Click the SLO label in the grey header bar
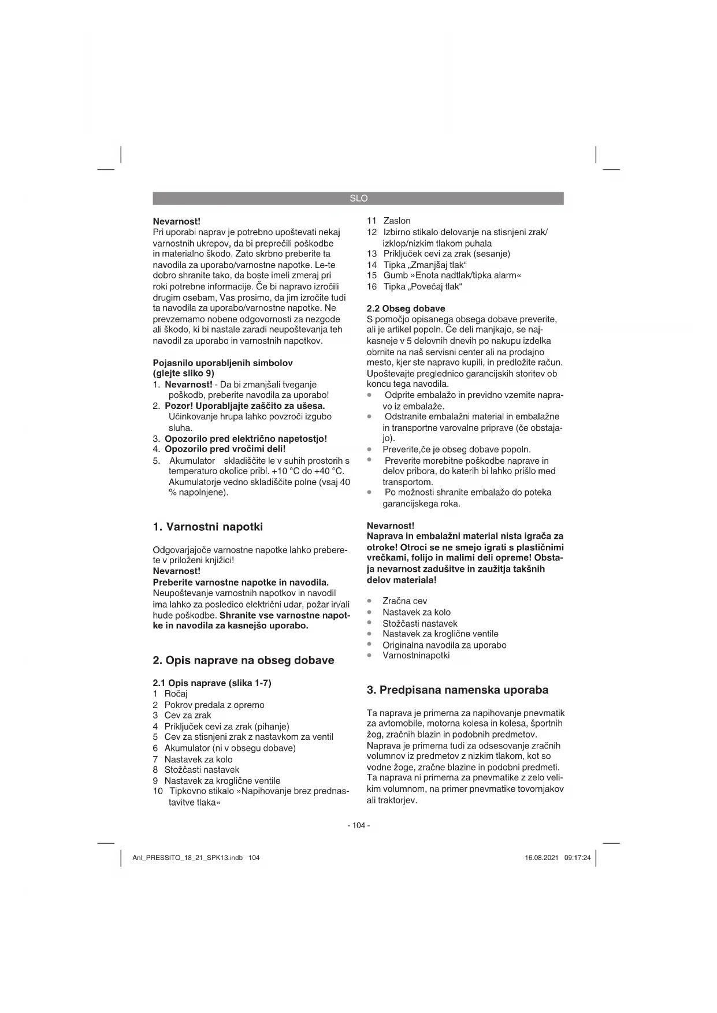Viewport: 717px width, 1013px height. click(358, 198)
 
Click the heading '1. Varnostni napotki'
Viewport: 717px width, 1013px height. click(207, 527)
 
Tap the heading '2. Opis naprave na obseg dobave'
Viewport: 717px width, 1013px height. click(243, 660)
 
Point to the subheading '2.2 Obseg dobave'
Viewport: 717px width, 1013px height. click(406, 308)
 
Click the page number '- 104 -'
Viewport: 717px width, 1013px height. click(358, 825)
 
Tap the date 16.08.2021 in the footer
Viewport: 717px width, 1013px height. click(541, 858)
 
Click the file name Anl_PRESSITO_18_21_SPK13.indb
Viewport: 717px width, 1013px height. click(188, 858)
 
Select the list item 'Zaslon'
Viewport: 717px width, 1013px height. click(397, 221)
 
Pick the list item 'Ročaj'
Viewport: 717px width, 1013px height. click(176, 694)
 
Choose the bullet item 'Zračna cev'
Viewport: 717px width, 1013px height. click(404, 601)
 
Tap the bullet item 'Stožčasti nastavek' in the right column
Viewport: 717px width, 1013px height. click(419, 623)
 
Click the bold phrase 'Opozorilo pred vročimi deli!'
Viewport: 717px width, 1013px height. click(225, 449)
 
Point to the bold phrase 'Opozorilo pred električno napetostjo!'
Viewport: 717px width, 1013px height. click(246, 438)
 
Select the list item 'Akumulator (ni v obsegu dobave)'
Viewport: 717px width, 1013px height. click(230, 748)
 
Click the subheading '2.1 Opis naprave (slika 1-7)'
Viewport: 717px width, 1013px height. click(211, 683)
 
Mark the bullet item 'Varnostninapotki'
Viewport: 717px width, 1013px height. click(416, 656)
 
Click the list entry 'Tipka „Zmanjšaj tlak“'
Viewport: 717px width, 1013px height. click(425, 265)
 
